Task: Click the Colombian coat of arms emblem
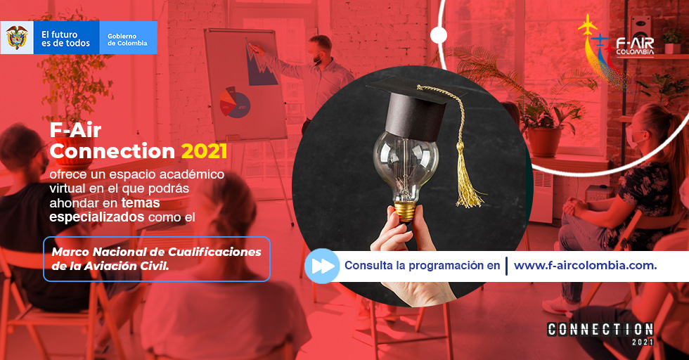point(17,37)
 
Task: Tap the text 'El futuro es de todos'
point(65,39)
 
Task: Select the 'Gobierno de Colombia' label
point(127,39)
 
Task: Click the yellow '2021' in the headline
point(205,151)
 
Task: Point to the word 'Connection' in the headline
point(112,151)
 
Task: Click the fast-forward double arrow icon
point(322,266)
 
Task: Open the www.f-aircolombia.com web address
point(585,266)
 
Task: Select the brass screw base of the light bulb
point(405,211)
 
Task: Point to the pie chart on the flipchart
point(235,103)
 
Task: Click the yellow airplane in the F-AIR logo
point(588,24)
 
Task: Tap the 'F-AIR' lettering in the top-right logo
point(635,43)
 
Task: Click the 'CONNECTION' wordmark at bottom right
point(600,329)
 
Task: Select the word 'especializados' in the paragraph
point(97,217)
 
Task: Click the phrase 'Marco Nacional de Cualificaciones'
point(156,252)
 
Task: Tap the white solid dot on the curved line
point(439,35)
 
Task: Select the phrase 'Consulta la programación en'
point(423,266)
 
